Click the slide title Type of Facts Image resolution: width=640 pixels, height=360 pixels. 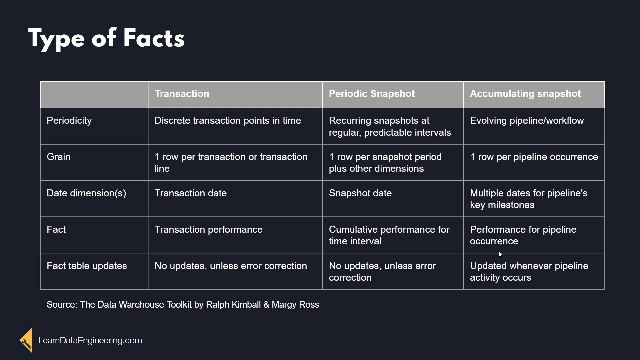tap(106, 39)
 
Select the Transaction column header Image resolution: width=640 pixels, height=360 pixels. tap(182, 94)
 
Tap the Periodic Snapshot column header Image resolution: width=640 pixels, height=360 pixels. tap(372, 94)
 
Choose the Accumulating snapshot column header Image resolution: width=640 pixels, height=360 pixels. tap(525, 94)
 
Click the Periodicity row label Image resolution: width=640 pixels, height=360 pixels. tap(69, 121)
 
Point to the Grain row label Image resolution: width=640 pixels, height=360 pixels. tap(58, 157)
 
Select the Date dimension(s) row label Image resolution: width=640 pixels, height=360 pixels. tap(86, 193)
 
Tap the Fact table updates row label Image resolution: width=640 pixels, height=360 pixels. tap(87, 266)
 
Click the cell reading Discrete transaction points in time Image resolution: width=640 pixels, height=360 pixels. tap(228, 120)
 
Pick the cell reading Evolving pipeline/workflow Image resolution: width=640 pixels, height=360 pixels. tap(527, 121)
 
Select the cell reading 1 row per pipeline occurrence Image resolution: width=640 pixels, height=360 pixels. tap(534, 157)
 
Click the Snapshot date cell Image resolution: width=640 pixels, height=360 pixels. tap(360, 193)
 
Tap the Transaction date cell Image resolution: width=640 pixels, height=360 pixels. tap(191, 193)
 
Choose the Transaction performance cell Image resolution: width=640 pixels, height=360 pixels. tap(209, 229)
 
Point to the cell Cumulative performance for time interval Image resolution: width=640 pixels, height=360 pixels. tap(389, 235)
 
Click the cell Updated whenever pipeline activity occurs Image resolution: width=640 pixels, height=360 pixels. tap(529, 272)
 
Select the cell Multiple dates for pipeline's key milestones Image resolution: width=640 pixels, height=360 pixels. tap(529, 199)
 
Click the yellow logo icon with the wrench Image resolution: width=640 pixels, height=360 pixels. tap(26, 340)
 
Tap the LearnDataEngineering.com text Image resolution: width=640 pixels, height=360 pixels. tap(90, 340)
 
